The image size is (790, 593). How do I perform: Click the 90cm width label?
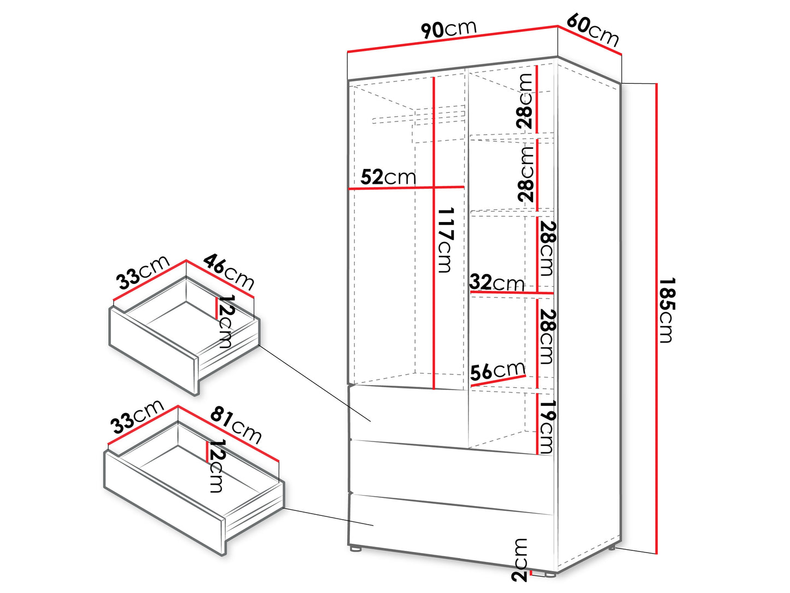click(449, 29)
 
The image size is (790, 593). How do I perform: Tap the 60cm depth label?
click(593, 30)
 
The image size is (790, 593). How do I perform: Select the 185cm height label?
click(667, 310)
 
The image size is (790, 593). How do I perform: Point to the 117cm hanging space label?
click(446, 240)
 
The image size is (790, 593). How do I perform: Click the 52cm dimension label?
click(388, 177)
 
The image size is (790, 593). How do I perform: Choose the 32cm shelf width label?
click(497, 283)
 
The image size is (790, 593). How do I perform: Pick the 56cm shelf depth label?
click(498, 370)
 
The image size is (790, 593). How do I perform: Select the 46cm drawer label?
click(229, 272)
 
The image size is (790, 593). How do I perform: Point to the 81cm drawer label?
click(236, 425)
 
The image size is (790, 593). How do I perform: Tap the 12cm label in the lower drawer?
click(216, 466)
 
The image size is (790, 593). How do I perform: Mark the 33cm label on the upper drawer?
click(143, 272)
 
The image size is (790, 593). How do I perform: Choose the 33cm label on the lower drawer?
click(138, 417)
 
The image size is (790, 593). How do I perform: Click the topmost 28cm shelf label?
click(524, 101)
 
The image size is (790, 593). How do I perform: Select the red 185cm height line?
click(657, 318)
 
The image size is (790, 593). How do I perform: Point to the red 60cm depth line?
click(590, 40)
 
